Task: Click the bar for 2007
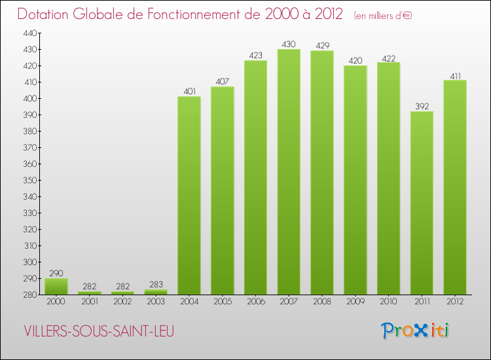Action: click(289, 172)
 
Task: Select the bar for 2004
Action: click(189, 196)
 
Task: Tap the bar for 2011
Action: click(422, 203)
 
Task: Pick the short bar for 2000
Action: click(56, 287)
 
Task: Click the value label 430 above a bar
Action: click(289, 44)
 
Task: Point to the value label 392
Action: click(422, 106)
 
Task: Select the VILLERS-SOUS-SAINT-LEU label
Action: click(100, 332)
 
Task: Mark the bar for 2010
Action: click(388, 179)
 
